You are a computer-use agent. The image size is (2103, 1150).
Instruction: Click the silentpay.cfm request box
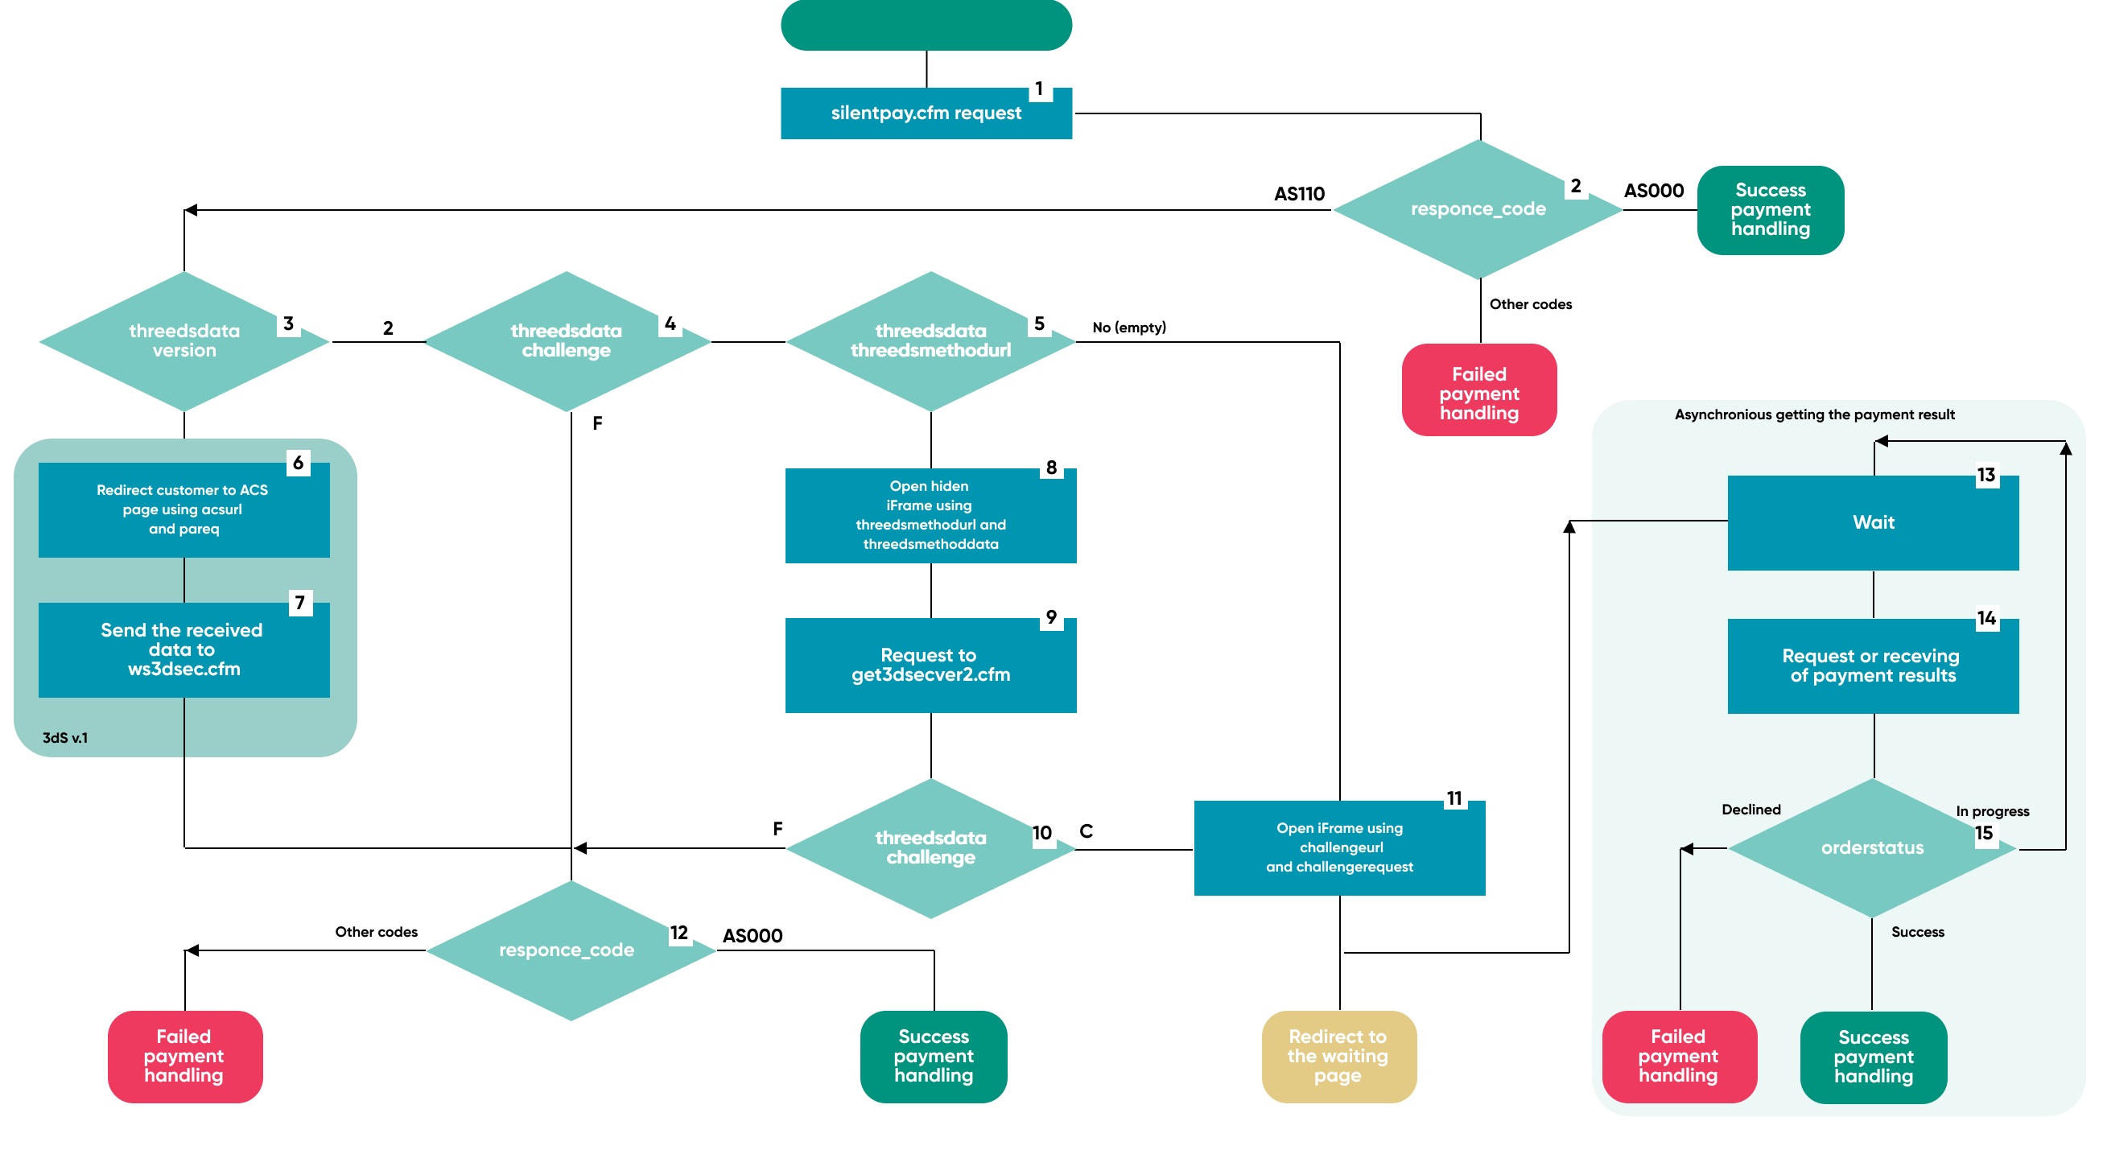(926, 113)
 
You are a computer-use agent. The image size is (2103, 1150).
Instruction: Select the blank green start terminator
(926, 24)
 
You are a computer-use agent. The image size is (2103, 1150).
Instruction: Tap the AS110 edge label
(1299, 193)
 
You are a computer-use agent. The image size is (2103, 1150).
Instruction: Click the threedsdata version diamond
(183, 341)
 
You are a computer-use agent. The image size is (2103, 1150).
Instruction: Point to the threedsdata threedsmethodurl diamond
(930, 341)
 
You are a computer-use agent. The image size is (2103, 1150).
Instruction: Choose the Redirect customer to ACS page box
(183, 510)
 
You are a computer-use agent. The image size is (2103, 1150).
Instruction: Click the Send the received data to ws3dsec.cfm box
(183, 649)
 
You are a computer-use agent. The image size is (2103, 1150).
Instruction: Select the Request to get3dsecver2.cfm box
(930, 666)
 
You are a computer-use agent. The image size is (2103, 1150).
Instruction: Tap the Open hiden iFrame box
(930, 515)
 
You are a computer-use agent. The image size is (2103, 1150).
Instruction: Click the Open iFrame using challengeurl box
(1339, 848)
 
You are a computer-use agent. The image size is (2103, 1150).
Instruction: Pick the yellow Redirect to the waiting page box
(1338, 1056)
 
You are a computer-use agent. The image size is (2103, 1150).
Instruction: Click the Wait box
(1873, 522)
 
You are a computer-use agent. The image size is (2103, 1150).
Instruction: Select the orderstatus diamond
(1872, 848)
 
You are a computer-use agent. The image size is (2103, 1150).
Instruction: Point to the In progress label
(1992, 811)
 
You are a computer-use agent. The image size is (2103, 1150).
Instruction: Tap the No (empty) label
(1129, 328)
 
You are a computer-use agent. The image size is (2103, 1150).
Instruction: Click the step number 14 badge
(1985, 619)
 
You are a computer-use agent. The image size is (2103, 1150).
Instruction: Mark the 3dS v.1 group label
(65, 738)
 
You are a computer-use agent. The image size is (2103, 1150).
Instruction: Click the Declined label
(1750, 810)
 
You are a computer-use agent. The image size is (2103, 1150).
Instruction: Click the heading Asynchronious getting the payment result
(1814, 414)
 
